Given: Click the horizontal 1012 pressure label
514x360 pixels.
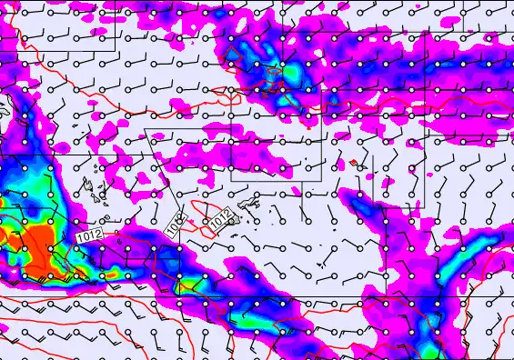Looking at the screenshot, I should point(88,235).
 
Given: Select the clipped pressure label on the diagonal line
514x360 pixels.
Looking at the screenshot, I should point(176,222).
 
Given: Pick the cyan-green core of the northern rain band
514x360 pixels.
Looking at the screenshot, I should point(290,70).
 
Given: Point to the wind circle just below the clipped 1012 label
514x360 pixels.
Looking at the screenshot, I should point(179,248).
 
